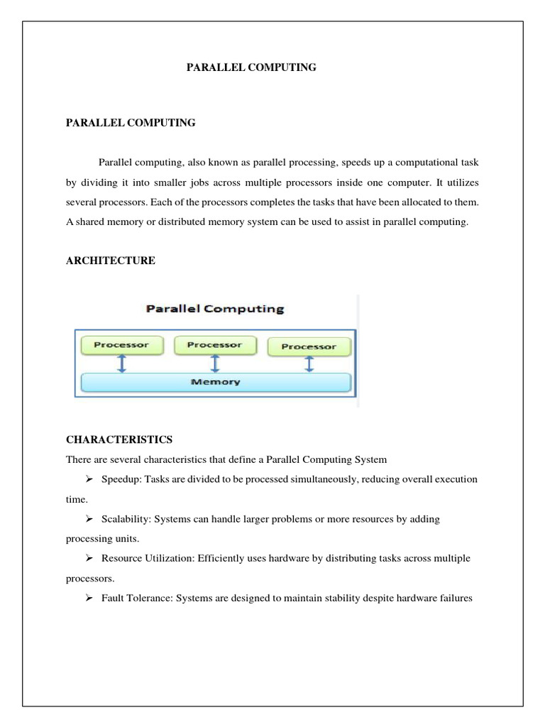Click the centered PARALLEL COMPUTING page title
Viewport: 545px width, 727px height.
(251, 67)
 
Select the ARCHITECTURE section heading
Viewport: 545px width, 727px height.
(110, 261)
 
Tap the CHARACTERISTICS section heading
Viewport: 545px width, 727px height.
(119, 439)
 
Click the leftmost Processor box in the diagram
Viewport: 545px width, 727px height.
(121, 345)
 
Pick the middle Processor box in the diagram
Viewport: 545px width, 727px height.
(214, 345)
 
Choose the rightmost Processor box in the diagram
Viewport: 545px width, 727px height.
(309, 346)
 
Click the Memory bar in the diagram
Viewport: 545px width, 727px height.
(216, 382)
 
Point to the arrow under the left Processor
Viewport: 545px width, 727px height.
(121, 363)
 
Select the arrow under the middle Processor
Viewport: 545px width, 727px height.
(214, 363)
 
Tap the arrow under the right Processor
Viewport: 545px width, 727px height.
(309, 364)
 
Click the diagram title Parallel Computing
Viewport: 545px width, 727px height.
(214, 309)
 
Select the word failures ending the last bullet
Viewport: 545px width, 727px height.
(455, 598)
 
